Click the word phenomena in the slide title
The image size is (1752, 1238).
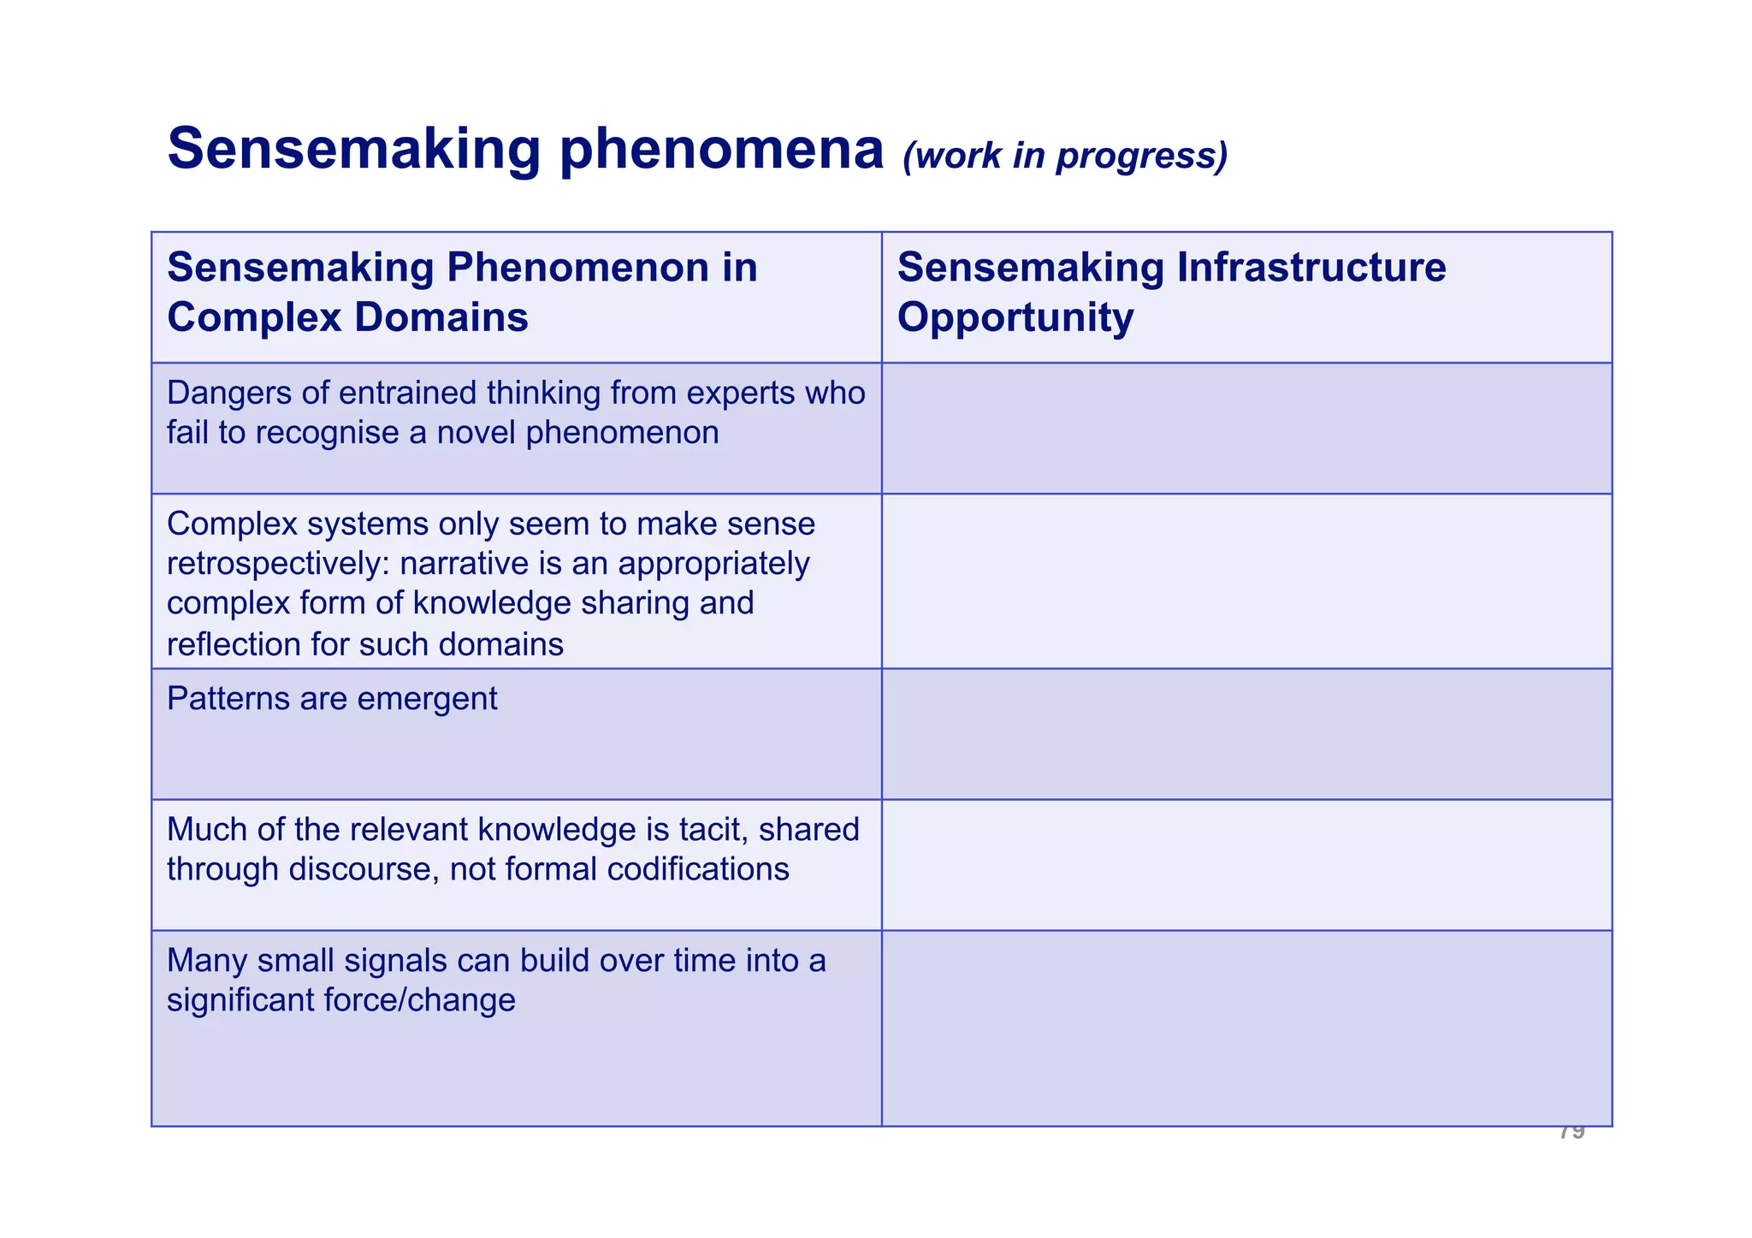(721, 150)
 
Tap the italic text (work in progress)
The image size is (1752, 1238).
(1065, 156)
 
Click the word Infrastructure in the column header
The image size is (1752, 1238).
(1311, 267)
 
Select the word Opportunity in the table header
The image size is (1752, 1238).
(1015, 317)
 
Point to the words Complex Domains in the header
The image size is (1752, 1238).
(347, 317)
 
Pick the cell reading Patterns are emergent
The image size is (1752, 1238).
(332, 699)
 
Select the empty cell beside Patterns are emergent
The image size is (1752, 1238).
(1246, 734)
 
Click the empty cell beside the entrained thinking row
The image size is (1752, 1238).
(1246, 428)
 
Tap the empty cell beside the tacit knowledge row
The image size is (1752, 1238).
(1246, 865)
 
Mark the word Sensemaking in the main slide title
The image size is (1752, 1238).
(354, 150)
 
